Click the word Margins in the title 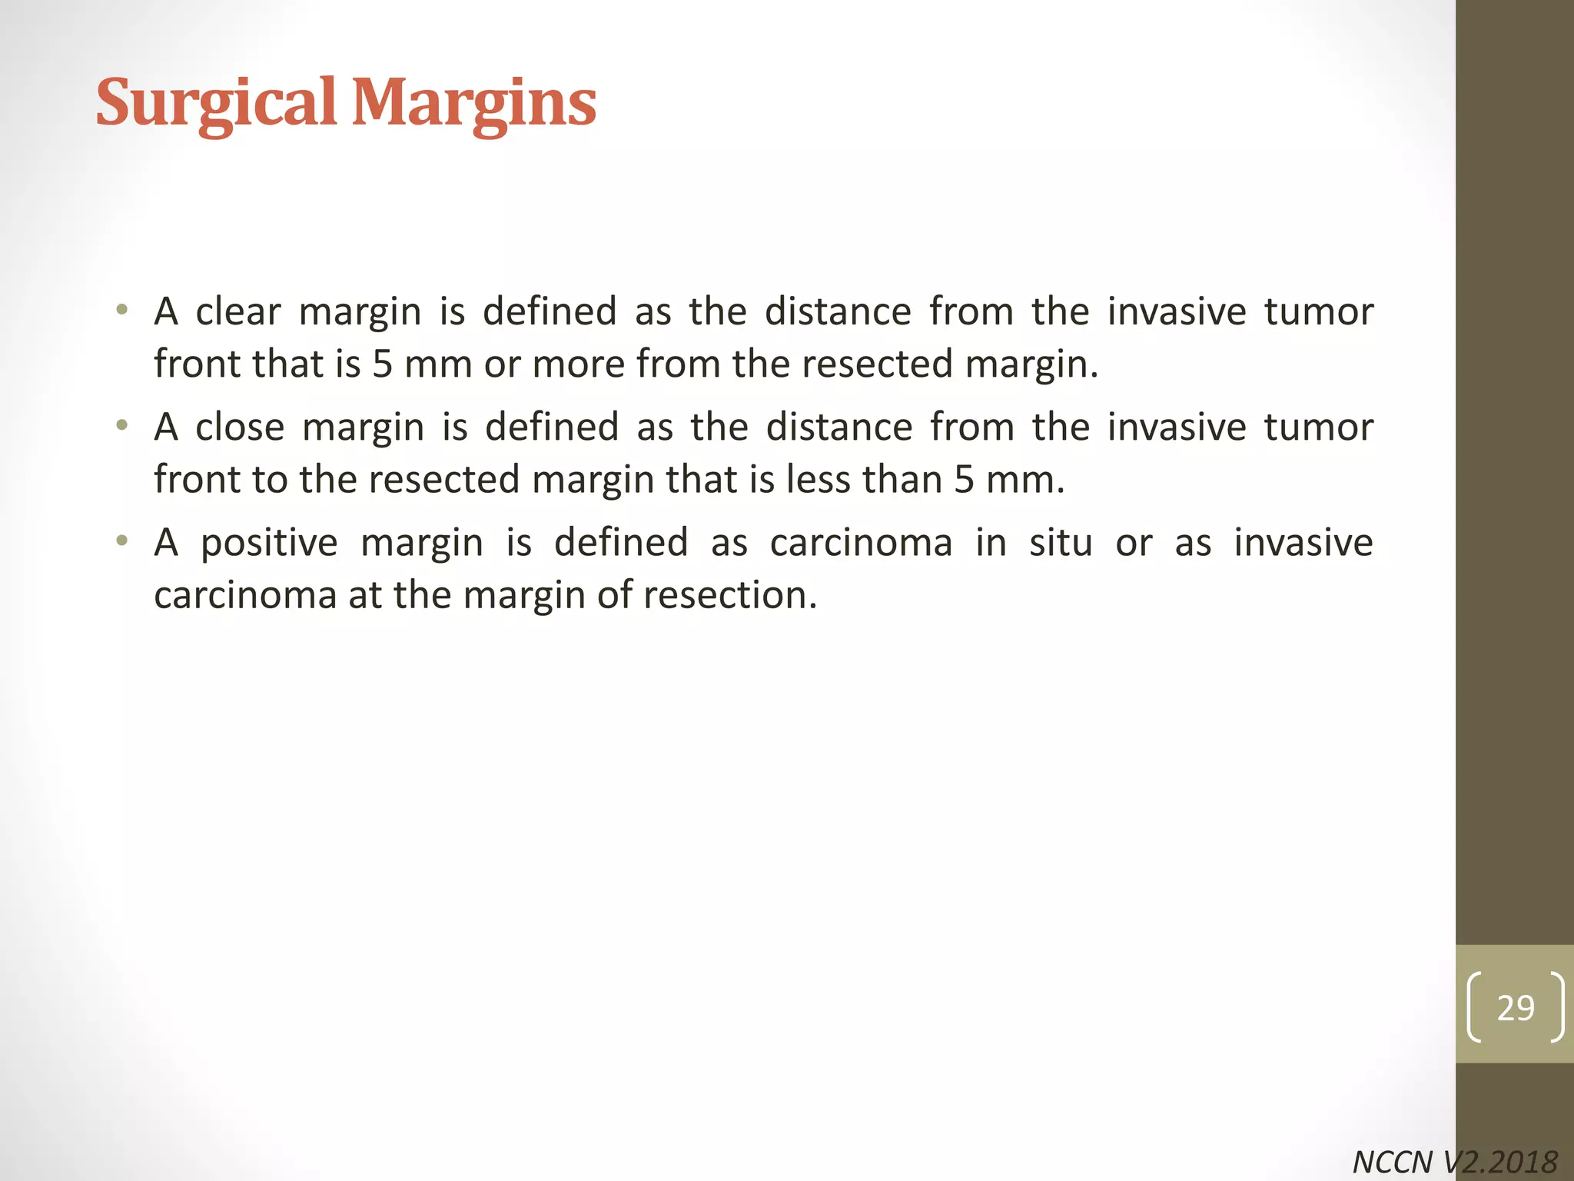point(473,104)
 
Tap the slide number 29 point(1515,1007)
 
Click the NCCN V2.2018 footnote point(1454,1162)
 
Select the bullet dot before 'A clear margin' point(121,311)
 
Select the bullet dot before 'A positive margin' point(121,541)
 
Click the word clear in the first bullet point(238,312)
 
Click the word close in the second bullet point(240,427)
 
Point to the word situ point(1061,543)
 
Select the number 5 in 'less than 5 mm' point(964,480)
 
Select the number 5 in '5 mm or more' point(382,364)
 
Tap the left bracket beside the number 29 point(1474,1007)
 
